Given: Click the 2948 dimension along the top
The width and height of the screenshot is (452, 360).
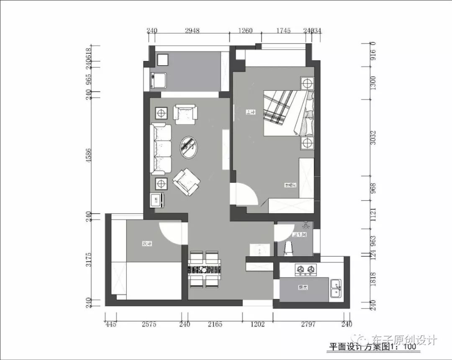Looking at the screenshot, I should pyautogui.click(x=192, y=31).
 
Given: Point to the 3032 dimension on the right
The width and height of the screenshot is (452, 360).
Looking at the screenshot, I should pyautogui.click(x=374, y=138).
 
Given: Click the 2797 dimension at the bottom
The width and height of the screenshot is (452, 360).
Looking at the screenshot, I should pyautogui.click(x=308, y=324).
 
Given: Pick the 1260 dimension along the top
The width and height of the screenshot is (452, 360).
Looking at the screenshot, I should pyautogui.click(x=245, y=31).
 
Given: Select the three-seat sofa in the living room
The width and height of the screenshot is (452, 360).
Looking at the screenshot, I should pyautogui.click(x=162, y=148).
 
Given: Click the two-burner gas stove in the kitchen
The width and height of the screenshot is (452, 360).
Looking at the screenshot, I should pyautogui.click(x=305, y=270).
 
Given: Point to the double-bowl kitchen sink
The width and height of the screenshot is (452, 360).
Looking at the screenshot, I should pyautogui.click(x=335, y=288).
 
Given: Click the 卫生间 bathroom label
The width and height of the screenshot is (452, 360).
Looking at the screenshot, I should pyautogui.click(x=300, y=235).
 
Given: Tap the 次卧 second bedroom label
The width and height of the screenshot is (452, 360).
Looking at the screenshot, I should pyautogui.click(x=146, y=243).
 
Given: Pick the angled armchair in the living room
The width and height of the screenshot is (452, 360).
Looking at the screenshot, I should pyautogui.click(x=186, y=181).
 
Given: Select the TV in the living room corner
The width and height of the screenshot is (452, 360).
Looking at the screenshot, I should pyautogui.click(x=158, y=201).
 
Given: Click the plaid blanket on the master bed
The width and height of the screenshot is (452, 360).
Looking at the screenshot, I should pyautogui.click(x=279, y=107).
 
